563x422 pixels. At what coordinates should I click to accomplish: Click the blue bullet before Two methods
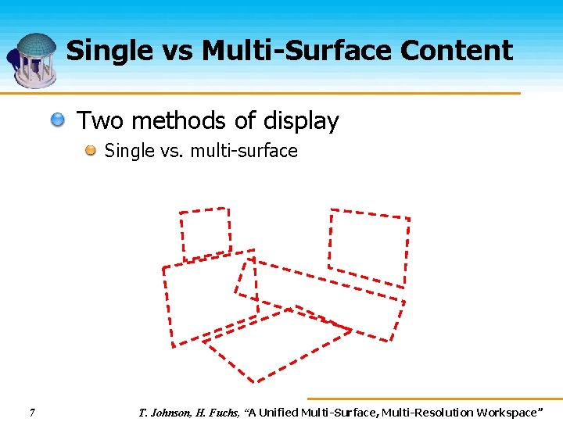(59, 121)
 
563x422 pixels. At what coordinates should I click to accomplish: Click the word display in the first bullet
(301, 122)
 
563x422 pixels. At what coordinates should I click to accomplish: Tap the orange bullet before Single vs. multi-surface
(90, 150)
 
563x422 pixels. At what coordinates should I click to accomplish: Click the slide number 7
(31, 412)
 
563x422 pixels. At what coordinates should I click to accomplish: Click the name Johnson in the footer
(170, 412)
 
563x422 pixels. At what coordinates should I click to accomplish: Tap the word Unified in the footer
(281, 412)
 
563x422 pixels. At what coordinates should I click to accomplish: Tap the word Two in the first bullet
(100, 121)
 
